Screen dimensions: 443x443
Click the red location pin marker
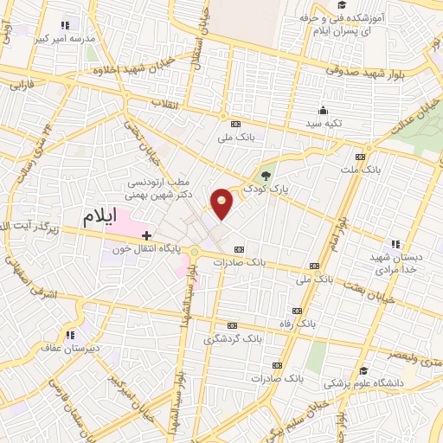click(x=223, y=202)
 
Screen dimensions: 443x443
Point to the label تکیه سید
click(x=323, y=125)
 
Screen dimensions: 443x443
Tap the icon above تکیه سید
click(x=324, y=110)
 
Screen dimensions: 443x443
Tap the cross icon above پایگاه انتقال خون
click(x=147, y=234)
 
